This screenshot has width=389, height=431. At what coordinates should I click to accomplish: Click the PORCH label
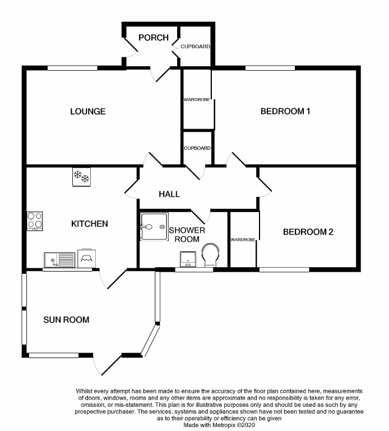click(154, 38)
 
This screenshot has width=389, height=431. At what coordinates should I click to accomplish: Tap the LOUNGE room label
click(87, 111)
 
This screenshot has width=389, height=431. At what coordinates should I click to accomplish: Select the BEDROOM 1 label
click(285, 111)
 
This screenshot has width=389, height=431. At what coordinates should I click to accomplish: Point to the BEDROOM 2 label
click(308, 231)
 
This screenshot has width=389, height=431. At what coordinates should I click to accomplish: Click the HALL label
click(169, 194)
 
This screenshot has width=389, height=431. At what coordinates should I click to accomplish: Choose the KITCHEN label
click(89, 224)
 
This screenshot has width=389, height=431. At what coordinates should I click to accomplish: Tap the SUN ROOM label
click(66, 320)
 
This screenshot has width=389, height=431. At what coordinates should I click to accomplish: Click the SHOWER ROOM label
click(187, 235)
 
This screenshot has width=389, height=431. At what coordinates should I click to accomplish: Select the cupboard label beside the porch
click(195, 47)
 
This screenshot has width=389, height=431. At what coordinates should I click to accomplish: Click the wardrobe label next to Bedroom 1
click(197, 100)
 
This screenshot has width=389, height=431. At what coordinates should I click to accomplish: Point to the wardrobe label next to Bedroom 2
click(243, 240)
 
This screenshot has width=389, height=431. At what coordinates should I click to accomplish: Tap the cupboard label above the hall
click(197, 148)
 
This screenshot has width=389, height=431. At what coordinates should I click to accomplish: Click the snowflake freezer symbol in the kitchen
click(82, 177)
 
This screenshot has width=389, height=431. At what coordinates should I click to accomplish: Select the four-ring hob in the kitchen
click(35, 221)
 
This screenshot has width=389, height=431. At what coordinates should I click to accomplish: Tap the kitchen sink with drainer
click(59, 260)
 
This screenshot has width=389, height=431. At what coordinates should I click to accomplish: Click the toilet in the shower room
click(211, 255)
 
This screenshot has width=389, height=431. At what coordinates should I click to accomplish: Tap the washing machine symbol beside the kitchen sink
click(87, 258)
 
